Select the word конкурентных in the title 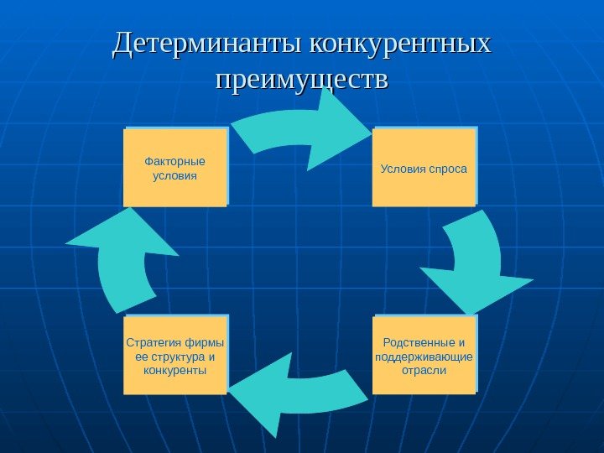pos(400,43)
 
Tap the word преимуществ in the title pos(301,81)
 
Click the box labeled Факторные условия pos(174,168)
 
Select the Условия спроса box pos(424,168)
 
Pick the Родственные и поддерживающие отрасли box pos(424,356)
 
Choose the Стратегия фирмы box pos(174,356)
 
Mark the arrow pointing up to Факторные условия pos(126,260)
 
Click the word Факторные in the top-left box pos(174,161)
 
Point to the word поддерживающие pos(424,357)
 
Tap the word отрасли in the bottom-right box pos(424,370)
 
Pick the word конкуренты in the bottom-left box pos(174,370)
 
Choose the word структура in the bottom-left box pos(174,357)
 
